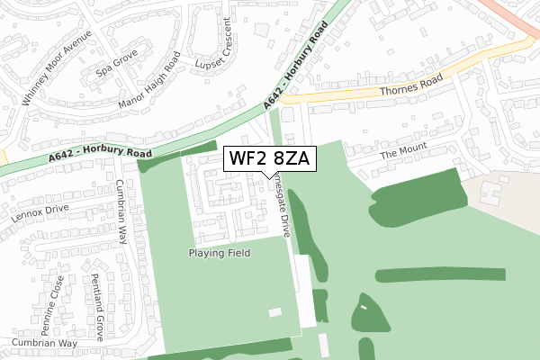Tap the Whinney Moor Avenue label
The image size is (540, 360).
tap(44, 73)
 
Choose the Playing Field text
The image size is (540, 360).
tap(220, 253)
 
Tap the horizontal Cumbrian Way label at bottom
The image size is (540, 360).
tap(44, 343)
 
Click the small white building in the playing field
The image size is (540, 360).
tap(274, 312)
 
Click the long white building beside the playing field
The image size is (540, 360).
tap(306, 290)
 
